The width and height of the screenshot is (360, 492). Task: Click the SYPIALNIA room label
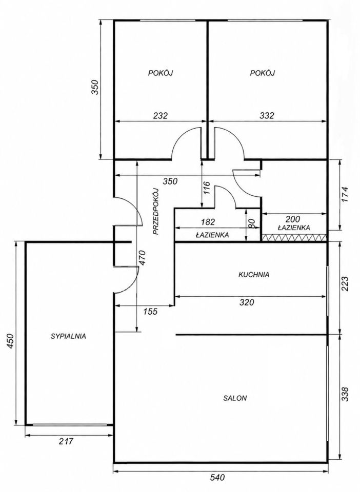point(68,336)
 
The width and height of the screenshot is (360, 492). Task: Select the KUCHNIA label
point(254,275)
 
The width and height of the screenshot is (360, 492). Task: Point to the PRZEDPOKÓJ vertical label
point(156,212)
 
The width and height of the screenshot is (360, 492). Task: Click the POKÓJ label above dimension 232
point(161,73)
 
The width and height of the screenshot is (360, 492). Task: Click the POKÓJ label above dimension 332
point(263,73)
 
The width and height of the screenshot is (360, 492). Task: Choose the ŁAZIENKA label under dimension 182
point(212,234)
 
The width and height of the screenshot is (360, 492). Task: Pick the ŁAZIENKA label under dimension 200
point(294,228)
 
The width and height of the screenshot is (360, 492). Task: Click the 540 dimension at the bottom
point(217,478)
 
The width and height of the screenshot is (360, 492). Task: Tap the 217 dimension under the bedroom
point(66,441)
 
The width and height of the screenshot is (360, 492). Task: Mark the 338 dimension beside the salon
point(345,394)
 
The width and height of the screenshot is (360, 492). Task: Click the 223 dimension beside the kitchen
point(345,284)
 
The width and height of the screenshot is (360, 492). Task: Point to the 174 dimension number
point(345,194)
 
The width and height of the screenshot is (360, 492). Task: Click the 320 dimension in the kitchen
point(247,302)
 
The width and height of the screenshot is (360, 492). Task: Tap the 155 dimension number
point(150,312)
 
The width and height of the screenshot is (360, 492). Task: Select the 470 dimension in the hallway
point(142,258)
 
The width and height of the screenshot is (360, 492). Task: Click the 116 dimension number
point(206,188)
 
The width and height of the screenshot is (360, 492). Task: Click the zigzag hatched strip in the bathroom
point(294,238)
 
